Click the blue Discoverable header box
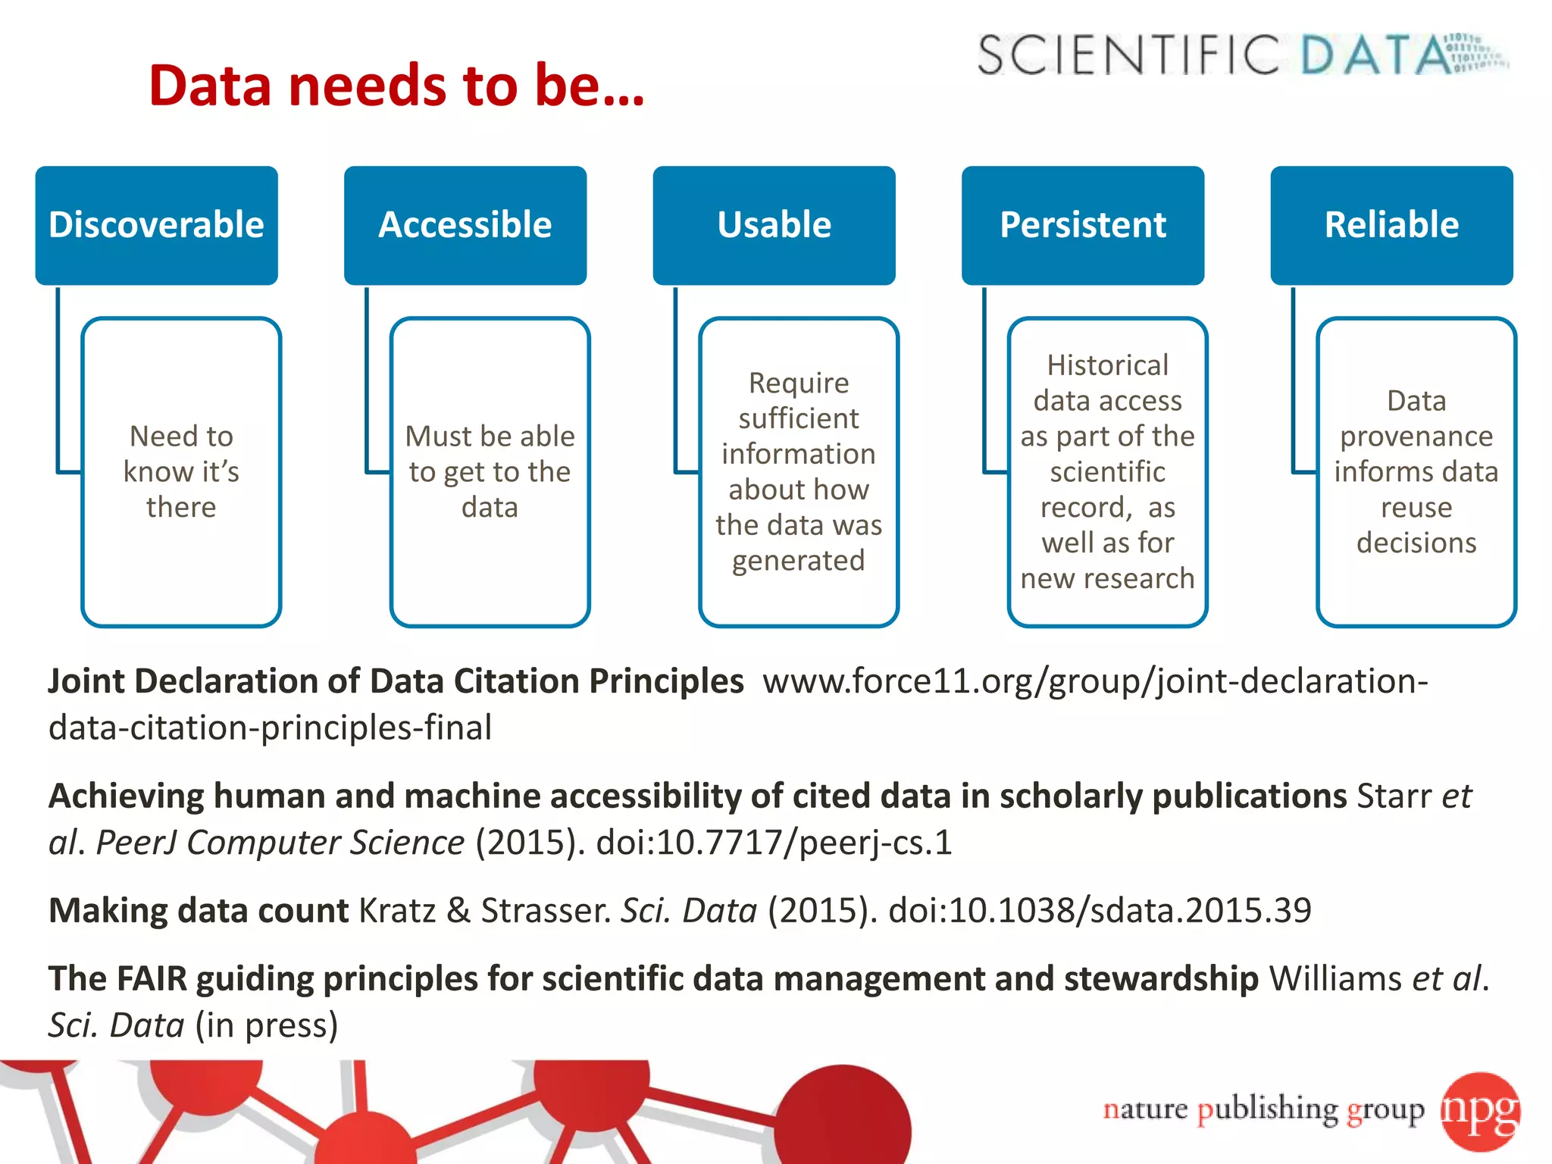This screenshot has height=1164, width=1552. pyautogui.click(x=156, y=225)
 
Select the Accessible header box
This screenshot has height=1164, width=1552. pyautogui.click(x=465, y=225)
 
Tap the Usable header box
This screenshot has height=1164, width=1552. pyautogui.click(x=774, y=225)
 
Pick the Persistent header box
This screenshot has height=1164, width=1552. pyautogui.click(x=1082, y=225)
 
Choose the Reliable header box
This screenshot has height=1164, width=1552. pyautogui.click(x=1391, y=225)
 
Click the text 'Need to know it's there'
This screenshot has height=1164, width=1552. pyautogui.click(x=181, y=471)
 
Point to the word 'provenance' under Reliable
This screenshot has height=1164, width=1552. pyautogui.click(x=1416, y=436)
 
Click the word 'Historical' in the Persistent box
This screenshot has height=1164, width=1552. pyautogui.click(x=1107, y=365)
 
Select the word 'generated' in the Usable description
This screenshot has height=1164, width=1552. pyautogui.click(x=798, y=561)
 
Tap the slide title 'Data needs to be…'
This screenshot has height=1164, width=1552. pyautogui.click(x=396, y=85)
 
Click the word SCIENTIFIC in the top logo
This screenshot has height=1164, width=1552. pyautogui.click(x=1128, y=55)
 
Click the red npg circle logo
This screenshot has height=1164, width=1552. pyautogui.click(x=1480, y=1111)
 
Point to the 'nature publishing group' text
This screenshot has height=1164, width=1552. pyautogui.click(x=1263, y=1109)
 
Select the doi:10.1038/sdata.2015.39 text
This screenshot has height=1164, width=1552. pyautogui.click(x=1099, y=910)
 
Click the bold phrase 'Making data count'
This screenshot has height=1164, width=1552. pyautogui.click(x=199, y=910)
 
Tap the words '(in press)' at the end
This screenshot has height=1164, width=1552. pyautogui.click(x=266, y=1025)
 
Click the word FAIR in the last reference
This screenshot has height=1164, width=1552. pyautogui.click(x=151, y=978)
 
